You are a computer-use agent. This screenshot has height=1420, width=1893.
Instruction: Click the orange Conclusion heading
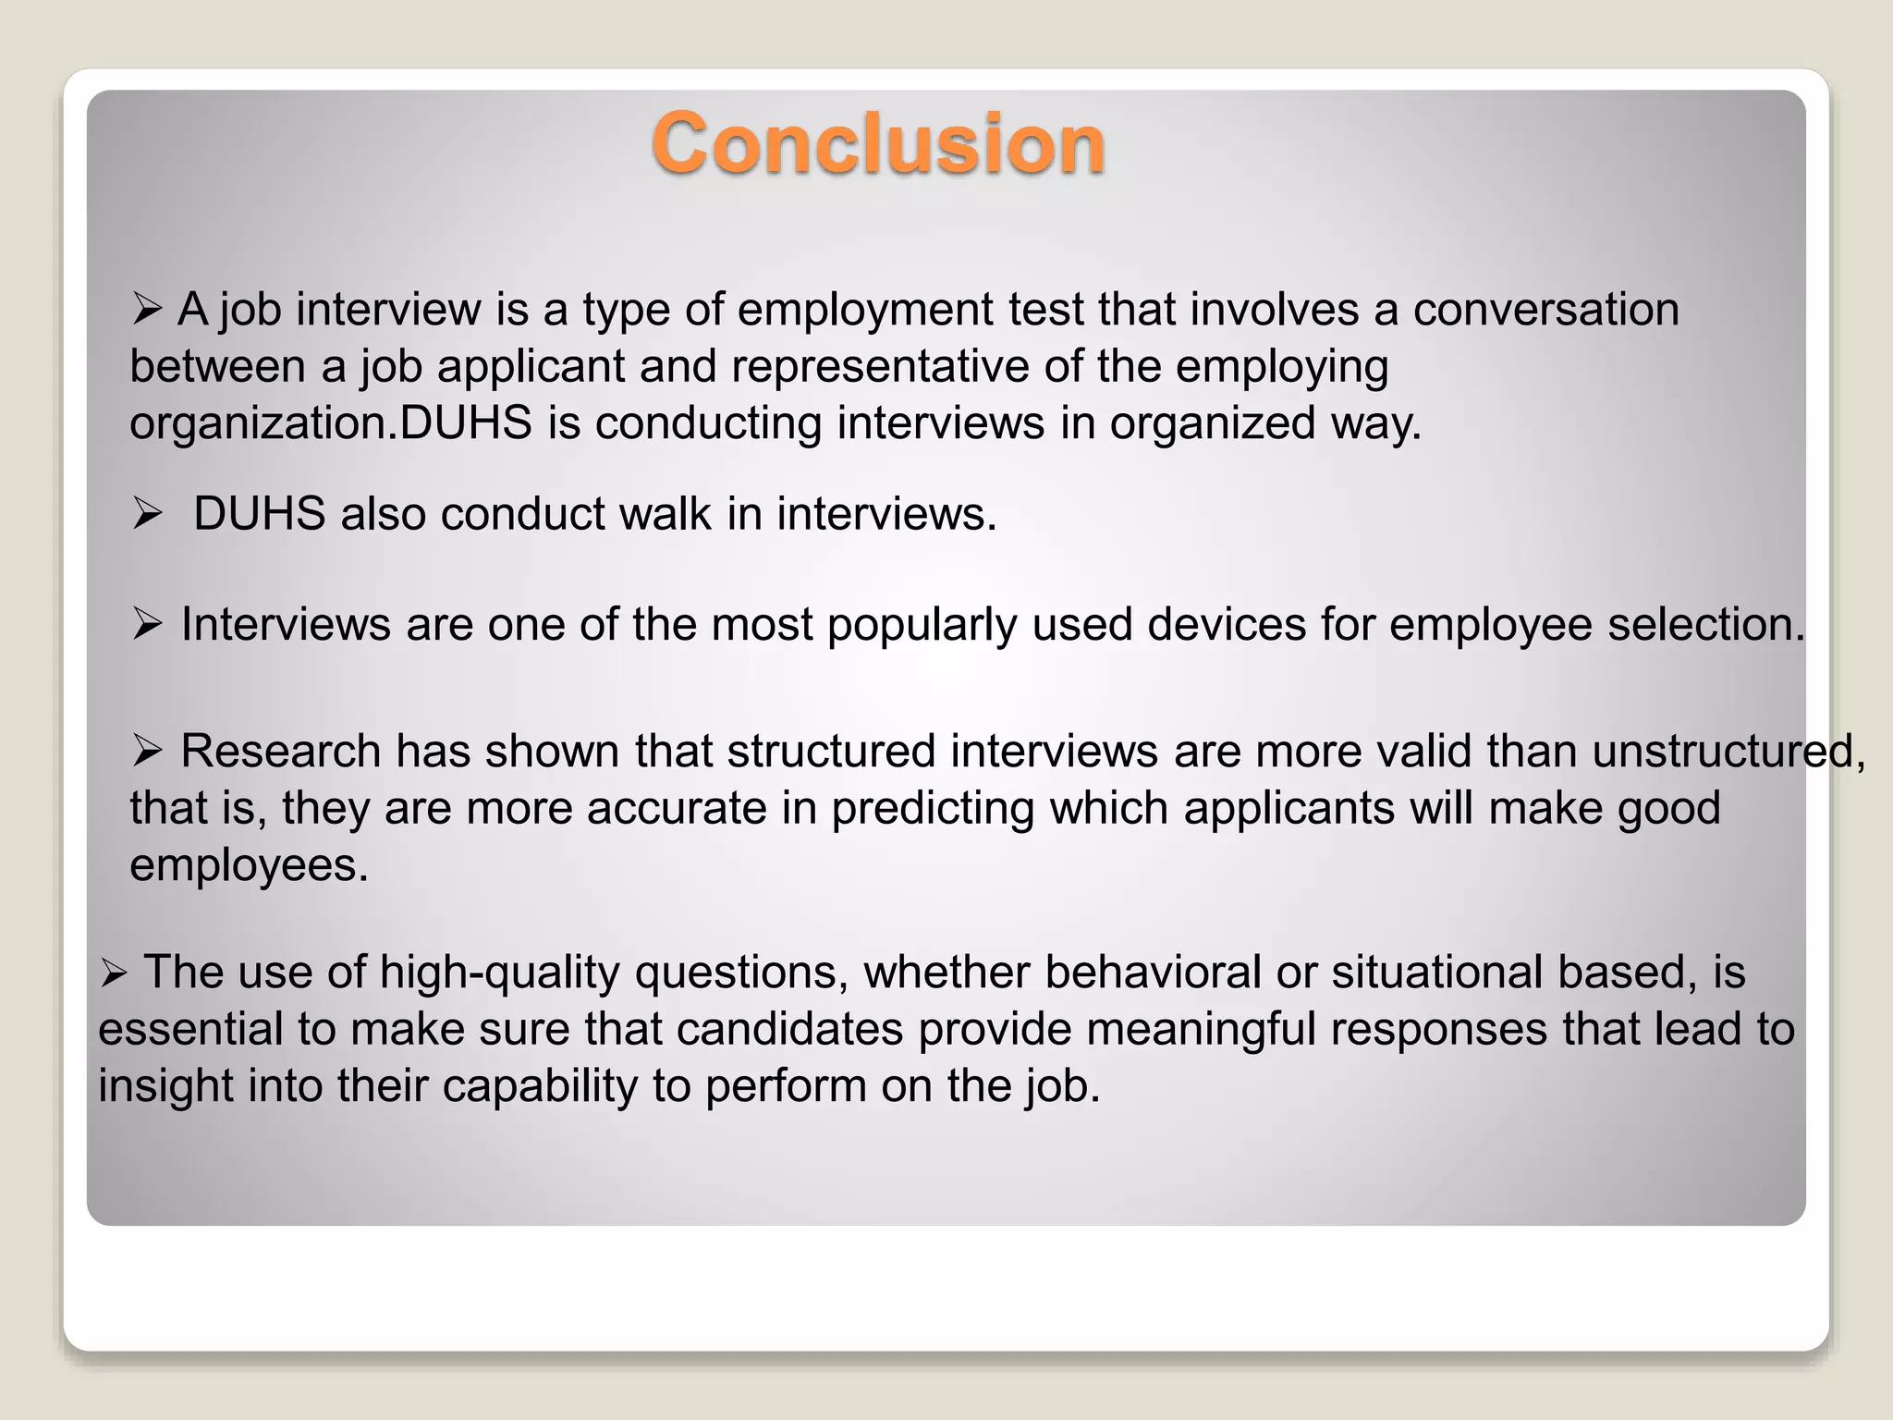point(878,143)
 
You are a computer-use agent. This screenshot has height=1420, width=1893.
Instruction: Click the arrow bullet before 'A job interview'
point(147,309)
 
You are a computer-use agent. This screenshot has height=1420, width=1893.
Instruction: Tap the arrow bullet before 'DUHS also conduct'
point(147,513)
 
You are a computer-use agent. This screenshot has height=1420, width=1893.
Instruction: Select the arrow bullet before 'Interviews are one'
point(147,624)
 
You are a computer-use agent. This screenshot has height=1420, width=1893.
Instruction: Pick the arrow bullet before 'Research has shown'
point(147,750)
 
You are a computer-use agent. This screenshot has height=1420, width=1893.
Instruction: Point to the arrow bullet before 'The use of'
point(114,973)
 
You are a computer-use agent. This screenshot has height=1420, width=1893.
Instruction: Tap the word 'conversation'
point(1545,309)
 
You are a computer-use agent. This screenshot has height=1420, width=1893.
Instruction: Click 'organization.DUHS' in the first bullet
point(331,424)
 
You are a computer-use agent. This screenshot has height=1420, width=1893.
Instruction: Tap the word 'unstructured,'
point(1728,751)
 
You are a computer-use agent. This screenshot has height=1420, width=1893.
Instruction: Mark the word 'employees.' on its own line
point(249,866)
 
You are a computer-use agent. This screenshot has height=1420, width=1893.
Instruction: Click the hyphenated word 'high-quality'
point(499,973)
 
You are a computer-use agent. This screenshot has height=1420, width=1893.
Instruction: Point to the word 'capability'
point(540,1086)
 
